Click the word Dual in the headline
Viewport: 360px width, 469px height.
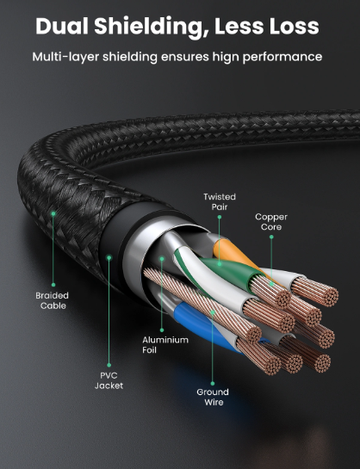click(62, 26)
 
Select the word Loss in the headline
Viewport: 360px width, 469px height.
click(294, 27)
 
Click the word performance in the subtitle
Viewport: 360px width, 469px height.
click(282, 57)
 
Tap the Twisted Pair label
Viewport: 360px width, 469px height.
click(220, 201)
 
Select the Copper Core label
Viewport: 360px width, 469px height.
click(271, 222)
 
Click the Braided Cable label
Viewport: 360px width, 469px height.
click(53, 300)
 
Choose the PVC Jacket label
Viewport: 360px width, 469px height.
click(109, 380)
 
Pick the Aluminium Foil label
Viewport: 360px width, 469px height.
click(165, 344)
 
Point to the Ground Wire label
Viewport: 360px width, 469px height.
click(213, 397)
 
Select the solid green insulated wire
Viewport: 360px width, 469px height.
click(232, 272)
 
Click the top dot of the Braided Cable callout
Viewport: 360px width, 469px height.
click(53, 213)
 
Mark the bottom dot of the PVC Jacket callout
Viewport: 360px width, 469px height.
click(109, 365)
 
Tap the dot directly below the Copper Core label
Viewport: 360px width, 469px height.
click(271, 237)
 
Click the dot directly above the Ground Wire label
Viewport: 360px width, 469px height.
click(213, 384)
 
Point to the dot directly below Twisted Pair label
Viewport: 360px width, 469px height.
click(220, 217)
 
